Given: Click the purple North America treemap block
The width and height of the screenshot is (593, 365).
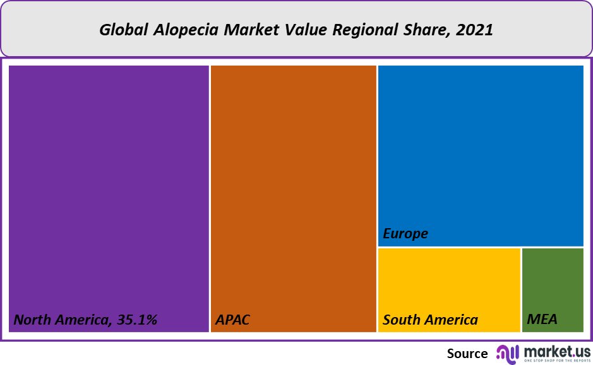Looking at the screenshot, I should pos(109,189).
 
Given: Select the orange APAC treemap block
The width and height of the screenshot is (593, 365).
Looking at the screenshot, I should pos(294,189).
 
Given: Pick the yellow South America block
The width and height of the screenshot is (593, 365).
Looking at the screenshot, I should pos(449,284).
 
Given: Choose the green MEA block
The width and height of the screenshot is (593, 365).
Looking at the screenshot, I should pos(553,284).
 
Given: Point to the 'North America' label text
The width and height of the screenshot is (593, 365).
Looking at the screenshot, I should pos(61,320).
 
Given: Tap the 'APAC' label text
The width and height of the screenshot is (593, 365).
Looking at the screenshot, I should pos(233,320).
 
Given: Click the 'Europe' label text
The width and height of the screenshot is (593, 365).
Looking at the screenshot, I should pos(405,234).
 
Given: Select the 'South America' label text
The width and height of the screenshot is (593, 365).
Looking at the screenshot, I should pos(430,320).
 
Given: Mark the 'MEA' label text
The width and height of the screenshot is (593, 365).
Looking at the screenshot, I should pos(542,320).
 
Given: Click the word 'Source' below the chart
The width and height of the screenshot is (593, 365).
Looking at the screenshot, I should pos(467,354).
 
